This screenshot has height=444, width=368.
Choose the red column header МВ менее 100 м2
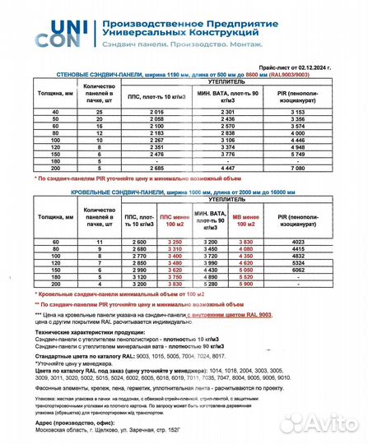(246, 218)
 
